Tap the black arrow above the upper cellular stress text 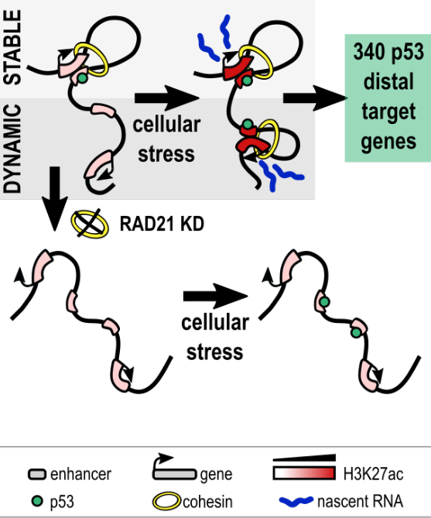164,99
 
